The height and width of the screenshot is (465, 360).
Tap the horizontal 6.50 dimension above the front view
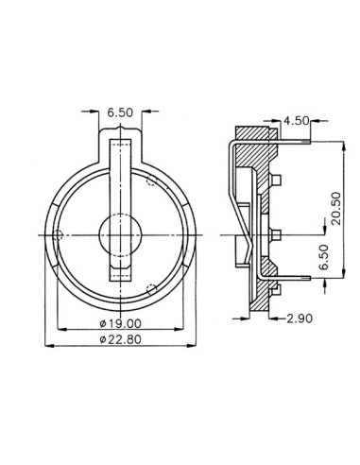120,112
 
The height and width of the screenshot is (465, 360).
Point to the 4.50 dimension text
296,120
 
